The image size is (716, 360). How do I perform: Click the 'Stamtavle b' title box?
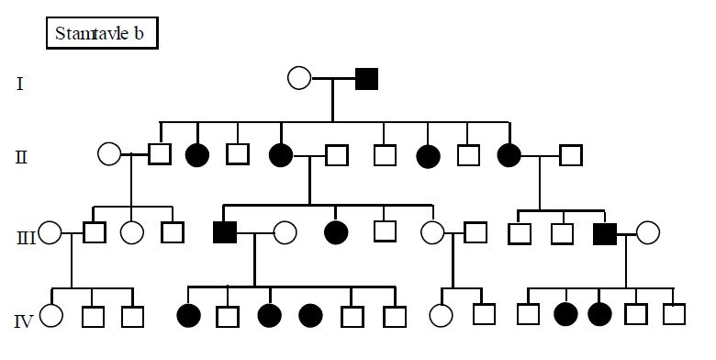point(102,34)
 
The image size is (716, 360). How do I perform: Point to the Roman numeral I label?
point(20,85)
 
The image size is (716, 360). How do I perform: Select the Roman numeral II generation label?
point(21,156)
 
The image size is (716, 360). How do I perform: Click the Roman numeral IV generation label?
point(25,321)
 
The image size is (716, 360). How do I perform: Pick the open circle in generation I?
point(299,78)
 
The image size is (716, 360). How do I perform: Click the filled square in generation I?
point(366,78)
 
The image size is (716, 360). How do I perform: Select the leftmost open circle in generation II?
point(109,155)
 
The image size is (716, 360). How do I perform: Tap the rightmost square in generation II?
point(572,155)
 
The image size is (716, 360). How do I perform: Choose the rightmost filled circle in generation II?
point(509,155)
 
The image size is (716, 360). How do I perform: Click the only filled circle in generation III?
point(337,232)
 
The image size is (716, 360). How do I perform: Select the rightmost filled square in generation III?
point(604,233)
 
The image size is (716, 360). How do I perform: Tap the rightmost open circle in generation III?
point(649,233)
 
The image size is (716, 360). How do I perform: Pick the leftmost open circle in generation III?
point(50,233)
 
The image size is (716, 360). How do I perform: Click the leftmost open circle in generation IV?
point(50,316)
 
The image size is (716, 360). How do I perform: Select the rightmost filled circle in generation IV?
point(599,315)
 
